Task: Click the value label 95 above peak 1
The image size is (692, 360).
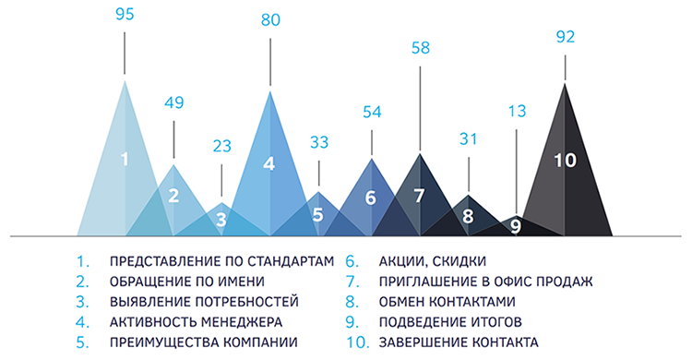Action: pyautogui.click(x=125, y=14)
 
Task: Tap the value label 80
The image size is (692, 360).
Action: pyautogui.click(x=270, y=20)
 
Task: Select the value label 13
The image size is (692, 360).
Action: pyautogui.click(x=517, y=111)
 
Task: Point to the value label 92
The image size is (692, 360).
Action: pyautogui.click(x=566, y=37)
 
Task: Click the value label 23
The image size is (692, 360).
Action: pyautogui.click(x=222, y=146)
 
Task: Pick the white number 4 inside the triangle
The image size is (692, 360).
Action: pyautogui.click(x=269, y=164)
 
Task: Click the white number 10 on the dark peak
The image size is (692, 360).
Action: pyautogui.click(x=565, y=160)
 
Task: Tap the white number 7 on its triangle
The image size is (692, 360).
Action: pyautogui.click(x=419, y=196)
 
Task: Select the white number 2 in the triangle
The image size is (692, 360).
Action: pyautogui.click(x=173, y=196)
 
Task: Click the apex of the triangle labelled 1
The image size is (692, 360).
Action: pyautogui.click(x=125, y=80)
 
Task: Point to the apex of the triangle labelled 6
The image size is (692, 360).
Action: pyautogui.click(x=372, y=158)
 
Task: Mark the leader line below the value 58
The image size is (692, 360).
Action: pyautogui.click(x=420, y=109)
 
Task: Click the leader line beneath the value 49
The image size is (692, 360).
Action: pyautogui.click(x=173, y=139)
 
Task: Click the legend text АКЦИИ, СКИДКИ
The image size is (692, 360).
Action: pyautogui.click(x=433, y=261)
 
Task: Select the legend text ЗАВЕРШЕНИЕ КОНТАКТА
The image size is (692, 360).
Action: pyautogui.click(x=459, y=342)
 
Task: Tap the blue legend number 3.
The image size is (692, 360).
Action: pyautogui.click(x=82, y=302)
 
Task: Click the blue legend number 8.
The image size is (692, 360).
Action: pyautogui.click(x=352, y=302)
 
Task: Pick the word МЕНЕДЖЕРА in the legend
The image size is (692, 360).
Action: pyautogui.click(x=242, y=322)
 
